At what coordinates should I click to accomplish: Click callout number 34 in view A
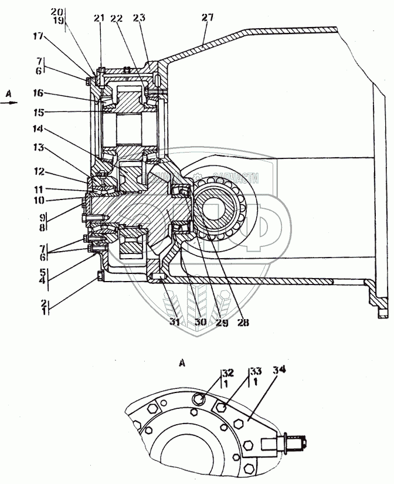click(x=274, y=370)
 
